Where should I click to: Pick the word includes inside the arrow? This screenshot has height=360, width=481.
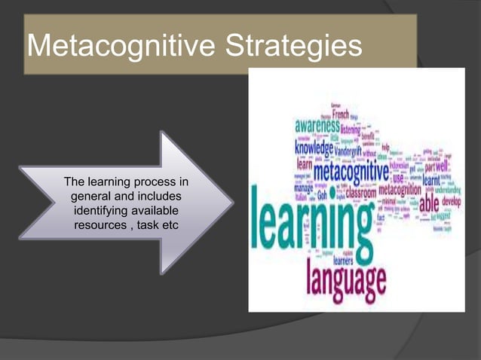pyautogui.click(x=158, y=197)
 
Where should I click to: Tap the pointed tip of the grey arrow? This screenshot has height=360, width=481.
pyautogui.click(x=231, y=202)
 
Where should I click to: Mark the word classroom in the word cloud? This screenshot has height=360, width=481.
pyautogui.click(x=361, y=191)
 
